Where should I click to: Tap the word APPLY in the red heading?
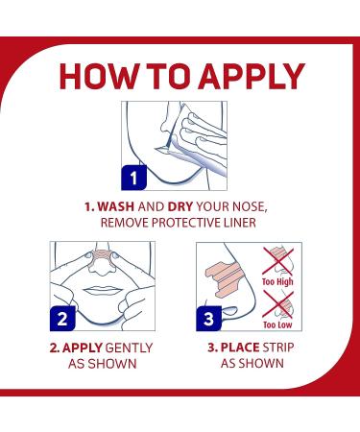(x=252, y=76)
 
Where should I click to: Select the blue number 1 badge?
(x=133, y=178)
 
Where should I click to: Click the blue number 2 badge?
(x=62, y=319)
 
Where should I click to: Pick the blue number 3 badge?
(x=208, y=319)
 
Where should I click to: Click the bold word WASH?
(x=115, y=206)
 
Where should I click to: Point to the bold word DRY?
(x=180, y=206)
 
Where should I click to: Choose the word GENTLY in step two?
(x=129, y=348)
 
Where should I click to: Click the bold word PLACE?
(x=240, y=348)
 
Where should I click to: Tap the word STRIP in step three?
(x=278, y=348)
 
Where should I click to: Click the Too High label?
(x=277, y=282)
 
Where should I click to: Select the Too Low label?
(x=277, y=324)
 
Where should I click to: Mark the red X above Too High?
(x=277, y=261)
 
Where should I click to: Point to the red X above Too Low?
(x=277, y=304)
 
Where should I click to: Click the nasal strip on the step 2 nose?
(x=102, y=255)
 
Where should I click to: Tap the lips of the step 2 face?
(x=103, y=291)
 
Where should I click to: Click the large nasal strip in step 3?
(x=223, y=277)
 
